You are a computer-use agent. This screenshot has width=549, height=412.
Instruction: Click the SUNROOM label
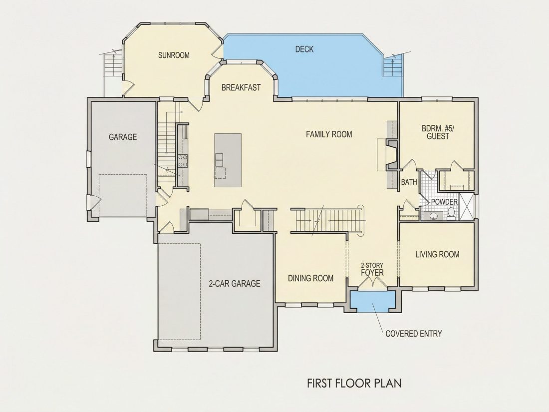click(x=174, y=55)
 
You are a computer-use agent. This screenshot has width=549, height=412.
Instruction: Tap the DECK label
click(x=304, y=49)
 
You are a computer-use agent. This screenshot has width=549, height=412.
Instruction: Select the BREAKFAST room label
click(x=241, y=87)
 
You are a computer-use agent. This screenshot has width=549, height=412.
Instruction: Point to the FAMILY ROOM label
click(x=329, y=134)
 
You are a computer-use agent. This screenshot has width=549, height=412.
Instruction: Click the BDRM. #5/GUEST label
click(x=438, y=132)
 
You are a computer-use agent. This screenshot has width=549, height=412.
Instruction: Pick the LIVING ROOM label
click(x=437, y=254)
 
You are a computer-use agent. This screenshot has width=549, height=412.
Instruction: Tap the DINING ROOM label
click(x=310, y=278)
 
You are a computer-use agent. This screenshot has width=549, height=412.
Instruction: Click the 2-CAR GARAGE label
click(x=234, y=283)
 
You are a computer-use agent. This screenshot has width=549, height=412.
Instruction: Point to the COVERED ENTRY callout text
click(x=414, y=334)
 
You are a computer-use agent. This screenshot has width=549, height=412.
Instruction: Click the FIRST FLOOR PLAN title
click(x=354, y=383)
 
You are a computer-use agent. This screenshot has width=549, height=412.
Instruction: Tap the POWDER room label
click(x=444, y=202)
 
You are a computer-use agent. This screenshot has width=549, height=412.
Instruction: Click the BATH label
click(x=409, y=182)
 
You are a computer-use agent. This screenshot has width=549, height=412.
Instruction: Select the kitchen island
click(x=228, y=160)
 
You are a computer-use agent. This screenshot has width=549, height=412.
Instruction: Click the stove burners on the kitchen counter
click(x=182, y=161)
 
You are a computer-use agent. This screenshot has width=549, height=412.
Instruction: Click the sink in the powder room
click(x=433, y=216)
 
